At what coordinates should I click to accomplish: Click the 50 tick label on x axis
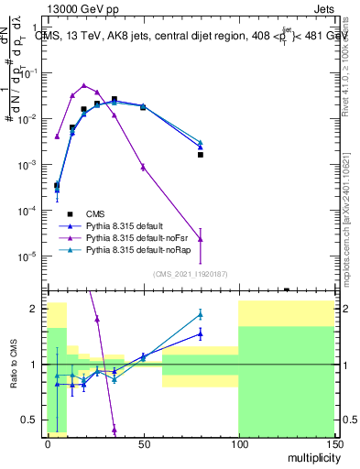point(143,443)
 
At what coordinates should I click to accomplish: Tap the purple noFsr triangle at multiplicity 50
point(143,166)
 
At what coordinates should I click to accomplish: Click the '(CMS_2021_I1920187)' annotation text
point(190,274)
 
